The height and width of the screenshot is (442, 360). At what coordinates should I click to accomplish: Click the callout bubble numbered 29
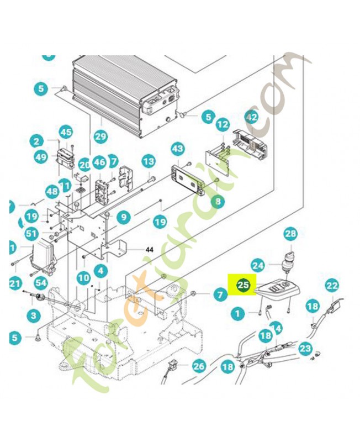click(100, 135)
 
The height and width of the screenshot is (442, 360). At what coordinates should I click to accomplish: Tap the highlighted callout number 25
click(243, 286)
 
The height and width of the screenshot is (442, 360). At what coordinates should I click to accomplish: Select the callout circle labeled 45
click(66, 132)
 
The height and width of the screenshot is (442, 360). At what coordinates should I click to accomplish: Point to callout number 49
click(41, 157)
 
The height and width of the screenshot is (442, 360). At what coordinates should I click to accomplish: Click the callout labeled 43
click(177, 149)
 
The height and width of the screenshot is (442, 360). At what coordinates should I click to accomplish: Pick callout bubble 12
click(222, 125)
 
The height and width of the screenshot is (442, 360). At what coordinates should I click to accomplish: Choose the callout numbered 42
click(251, 117)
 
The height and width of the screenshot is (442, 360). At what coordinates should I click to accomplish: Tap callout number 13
click(149, 162)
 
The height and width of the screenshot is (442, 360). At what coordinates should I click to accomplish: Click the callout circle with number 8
click(218, 202)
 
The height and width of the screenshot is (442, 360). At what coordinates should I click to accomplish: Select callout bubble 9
click(123, 216)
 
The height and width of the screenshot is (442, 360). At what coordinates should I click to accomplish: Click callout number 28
click(290, 234)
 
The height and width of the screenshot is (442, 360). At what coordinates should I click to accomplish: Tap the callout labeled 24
click(258, 265)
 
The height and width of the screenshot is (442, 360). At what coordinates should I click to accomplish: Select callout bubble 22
click(331, 286)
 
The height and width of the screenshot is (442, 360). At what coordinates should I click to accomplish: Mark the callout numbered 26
click(198, 365)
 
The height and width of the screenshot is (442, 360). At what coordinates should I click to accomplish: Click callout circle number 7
click(220, 295)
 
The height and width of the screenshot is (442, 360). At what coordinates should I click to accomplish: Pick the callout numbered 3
click(34, 315)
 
